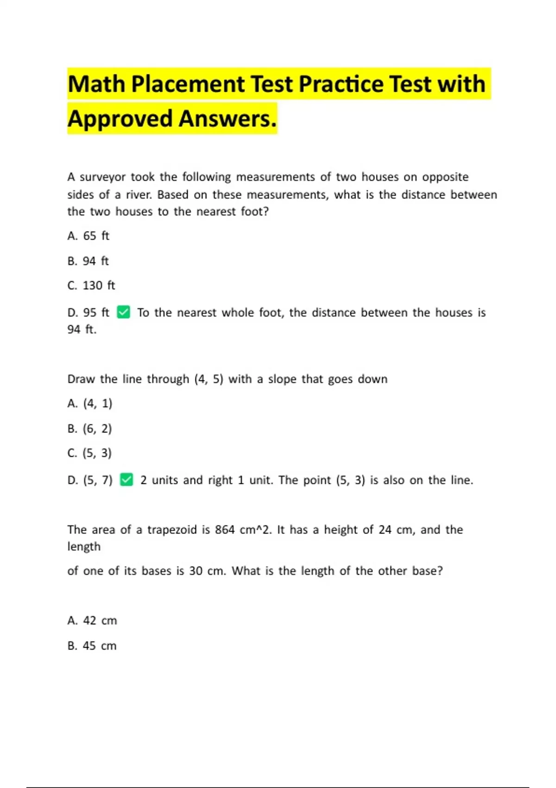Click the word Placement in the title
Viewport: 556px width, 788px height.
click(188, 84)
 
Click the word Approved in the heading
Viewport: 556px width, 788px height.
click(120, 119)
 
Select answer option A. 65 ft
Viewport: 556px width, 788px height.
click(88, 236)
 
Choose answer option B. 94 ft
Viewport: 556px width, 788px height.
click(88, 261)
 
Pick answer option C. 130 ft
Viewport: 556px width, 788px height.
click(91, 286)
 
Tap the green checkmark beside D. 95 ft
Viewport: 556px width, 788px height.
click(123, 312)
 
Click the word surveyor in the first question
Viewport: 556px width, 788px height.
click(102, 177)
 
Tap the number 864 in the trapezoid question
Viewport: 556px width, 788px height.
click(225, 530)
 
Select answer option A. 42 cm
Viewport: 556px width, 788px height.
click(92, 621)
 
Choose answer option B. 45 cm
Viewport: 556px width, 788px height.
click(92, 646)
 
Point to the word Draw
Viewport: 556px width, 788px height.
click(81, 379)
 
